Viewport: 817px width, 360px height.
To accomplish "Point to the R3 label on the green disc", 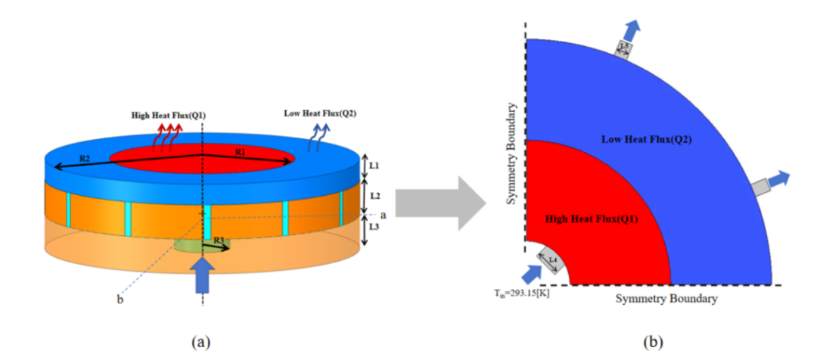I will coord(219,240).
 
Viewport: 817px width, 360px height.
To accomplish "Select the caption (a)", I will coord(200,342).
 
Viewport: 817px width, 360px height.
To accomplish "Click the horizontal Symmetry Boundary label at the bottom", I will coord(666,299).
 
